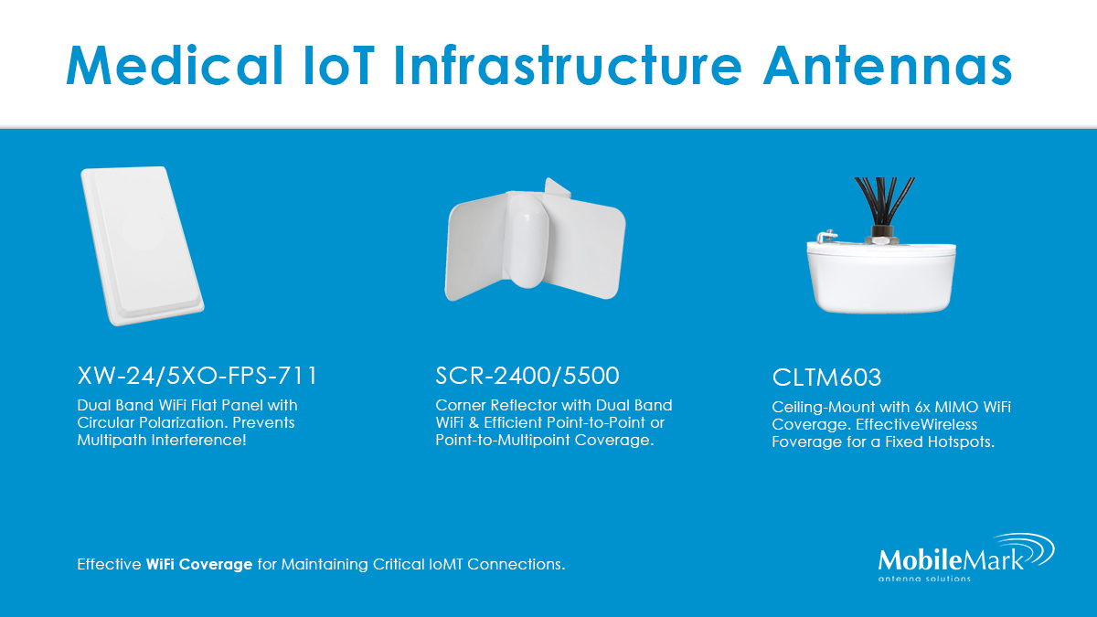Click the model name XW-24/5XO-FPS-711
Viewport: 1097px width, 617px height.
coord(198,375)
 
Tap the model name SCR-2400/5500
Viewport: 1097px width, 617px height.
coord(527,375)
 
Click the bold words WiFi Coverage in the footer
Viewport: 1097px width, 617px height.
coord(198,564)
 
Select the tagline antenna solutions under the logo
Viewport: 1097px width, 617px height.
coord(924,578)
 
